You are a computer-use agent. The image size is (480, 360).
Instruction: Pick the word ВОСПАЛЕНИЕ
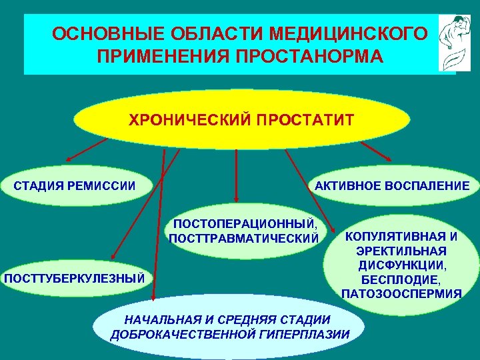[426, 185]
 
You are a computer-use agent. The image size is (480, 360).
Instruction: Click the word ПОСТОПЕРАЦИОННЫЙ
[244, 225]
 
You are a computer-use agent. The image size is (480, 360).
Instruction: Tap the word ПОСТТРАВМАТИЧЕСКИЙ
[244, 237]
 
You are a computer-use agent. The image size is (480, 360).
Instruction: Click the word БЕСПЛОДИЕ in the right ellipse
[401, 279]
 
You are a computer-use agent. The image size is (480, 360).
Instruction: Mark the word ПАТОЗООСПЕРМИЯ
[401, 293]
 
